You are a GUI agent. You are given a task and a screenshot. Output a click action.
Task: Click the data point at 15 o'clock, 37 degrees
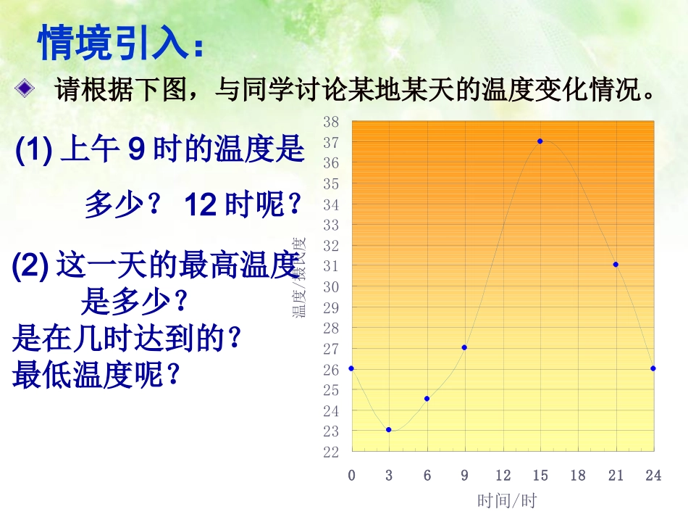point(540,141)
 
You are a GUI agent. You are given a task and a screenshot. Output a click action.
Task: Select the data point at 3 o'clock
point(389,429)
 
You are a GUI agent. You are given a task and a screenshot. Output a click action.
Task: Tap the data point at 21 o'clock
point(616,264)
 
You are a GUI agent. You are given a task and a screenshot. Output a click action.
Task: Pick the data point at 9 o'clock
point(464,347)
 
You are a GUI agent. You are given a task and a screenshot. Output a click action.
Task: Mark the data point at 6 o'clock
point(427,398)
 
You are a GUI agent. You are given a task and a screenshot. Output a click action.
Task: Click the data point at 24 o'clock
point(653,368)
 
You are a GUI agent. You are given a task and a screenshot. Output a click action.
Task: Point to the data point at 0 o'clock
point(351,368)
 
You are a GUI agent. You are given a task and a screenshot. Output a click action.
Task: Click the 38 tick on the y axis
point(330,121)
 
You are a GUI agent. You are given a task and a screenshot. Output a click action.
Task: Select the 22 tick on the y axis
point(330,452)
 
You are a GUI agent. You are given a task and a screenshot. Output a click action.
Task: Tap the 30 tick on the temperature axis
point(330,286)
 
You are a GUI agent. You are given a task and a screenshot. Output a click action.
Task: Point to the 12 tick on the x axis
point(503,476)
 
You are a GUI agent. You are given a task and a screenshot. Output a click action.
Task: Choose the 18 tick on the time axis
point(578,476)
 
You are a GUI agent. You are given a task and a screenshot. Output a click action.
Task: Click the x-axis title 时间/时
point(507,501)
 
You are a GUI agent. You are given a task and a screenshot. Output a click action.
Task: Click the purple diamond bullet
point(25,90)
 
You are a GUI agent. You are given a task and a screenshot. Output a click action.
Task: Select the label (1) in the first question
point(32,150)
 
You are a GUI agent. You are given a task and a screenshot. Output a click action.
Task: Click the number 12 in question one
point(201,205)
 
